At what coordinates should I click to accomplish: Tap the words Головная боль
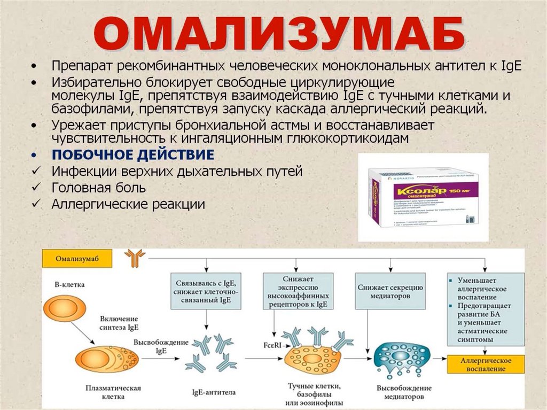(x=98, y=188)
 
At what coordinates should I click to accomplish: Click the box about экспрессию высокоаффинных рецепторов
(x=298, y=291)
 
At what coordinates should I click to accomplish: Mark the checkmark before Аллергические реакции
(x=35, y=204)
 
